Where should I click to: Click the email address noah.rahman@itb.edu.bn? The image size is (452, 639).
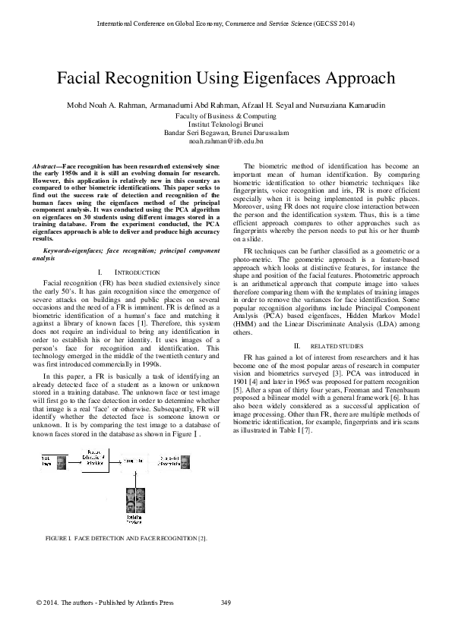(x=226, y=141)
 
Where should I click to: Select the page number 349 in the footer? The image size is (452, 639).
(x=226, y=603)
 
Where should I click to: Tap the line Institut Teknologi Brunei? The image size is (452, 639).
(x=226, y=123)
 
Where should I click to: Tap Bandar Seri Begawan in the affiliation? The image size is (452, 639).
(x=194, y=132)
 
